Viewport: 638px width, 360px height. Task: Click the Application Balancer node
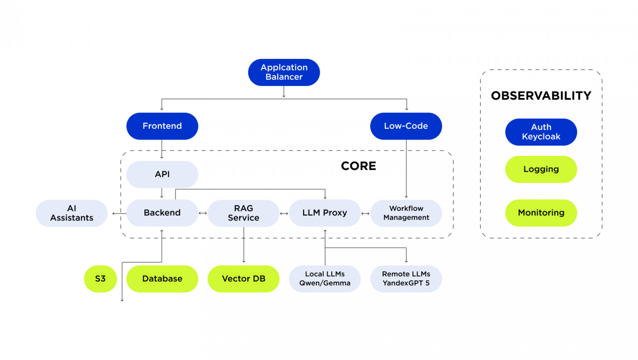coord(284,72)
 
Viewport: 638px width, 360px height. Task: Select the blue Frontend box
coord(162,126)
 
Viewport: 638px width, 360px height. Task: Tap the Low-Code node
coord(406,126)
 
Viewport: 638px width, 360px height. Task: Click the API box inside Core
coord(162,174)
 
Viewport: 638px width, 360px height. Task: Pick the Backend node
coord(162,213)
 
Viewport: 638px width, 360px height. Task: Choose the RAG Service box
coord(243,213)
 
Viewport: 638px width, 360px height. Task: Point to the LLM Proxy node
coord(325,213)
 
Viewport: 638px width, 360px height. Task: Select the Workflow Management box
coord(406,213)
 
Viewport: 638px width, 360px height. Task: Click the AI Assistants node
coord(72,213)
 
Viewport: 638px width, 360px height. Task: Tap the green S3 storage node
coord(100,279)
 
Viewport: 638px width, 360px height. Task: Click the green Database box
coord(162,279)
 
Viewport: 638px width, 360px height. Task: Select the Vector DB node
coord(243,279)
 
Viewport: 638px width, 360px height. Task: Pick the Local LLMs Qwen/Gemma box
coord(325,279)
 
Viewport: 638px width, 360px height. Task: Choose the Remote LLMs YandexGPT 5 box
coord(406,279)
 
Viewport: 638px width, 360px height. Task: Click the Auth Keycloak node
coord(541,132)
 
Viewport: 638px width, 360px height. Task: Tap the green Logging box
coord(541,169)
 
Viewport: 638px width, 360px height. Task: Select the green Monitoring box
coord(541,213)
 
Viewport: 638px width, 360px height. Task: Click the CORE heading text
coord(358,166)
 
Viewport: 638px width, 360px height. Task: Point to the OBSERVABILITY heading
coord(541,96)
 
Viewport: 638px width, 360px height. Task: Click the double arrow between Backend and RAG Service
coord(203,213)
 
